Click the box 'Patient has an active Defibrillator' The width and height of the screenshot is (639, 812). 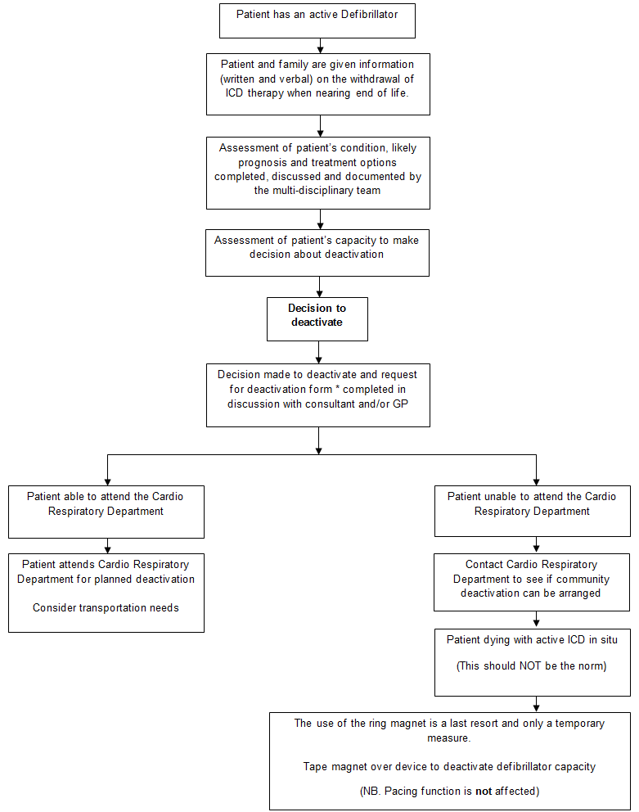pos(317,20)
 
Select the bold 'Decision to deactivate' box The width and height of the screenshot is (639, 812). pos(317,318)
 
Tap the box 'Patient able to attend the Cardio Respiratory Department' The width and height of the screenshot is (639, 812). pos(106,512)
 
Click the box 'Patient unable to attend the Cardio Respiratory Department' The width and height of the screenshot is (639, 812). pos(532,512)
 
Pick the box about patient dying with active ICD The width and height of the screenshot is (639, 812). pos(532,661)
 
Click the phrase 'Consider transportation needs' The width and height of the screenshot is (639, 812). pos(106,607)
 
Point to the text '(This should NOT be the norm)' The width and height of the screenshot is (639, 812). pos(532,665)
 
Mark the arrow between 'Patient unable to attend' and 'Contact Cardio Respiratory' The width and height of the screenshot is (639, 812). pos(536,545)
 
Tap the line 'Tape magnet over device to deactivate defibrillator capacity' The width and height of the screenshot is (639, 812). pos(449,767)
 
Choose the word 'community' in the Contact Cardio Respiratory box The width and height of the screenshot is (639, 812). pos(583,579)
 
